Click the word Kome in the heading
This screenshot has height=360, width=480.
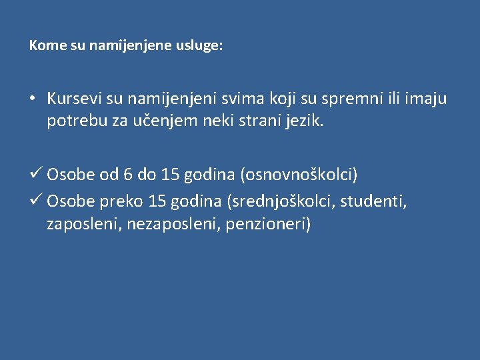43,46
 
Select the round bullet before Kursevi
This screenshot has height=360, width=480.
33,99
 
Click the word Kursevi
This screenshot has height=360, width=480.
74,99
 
